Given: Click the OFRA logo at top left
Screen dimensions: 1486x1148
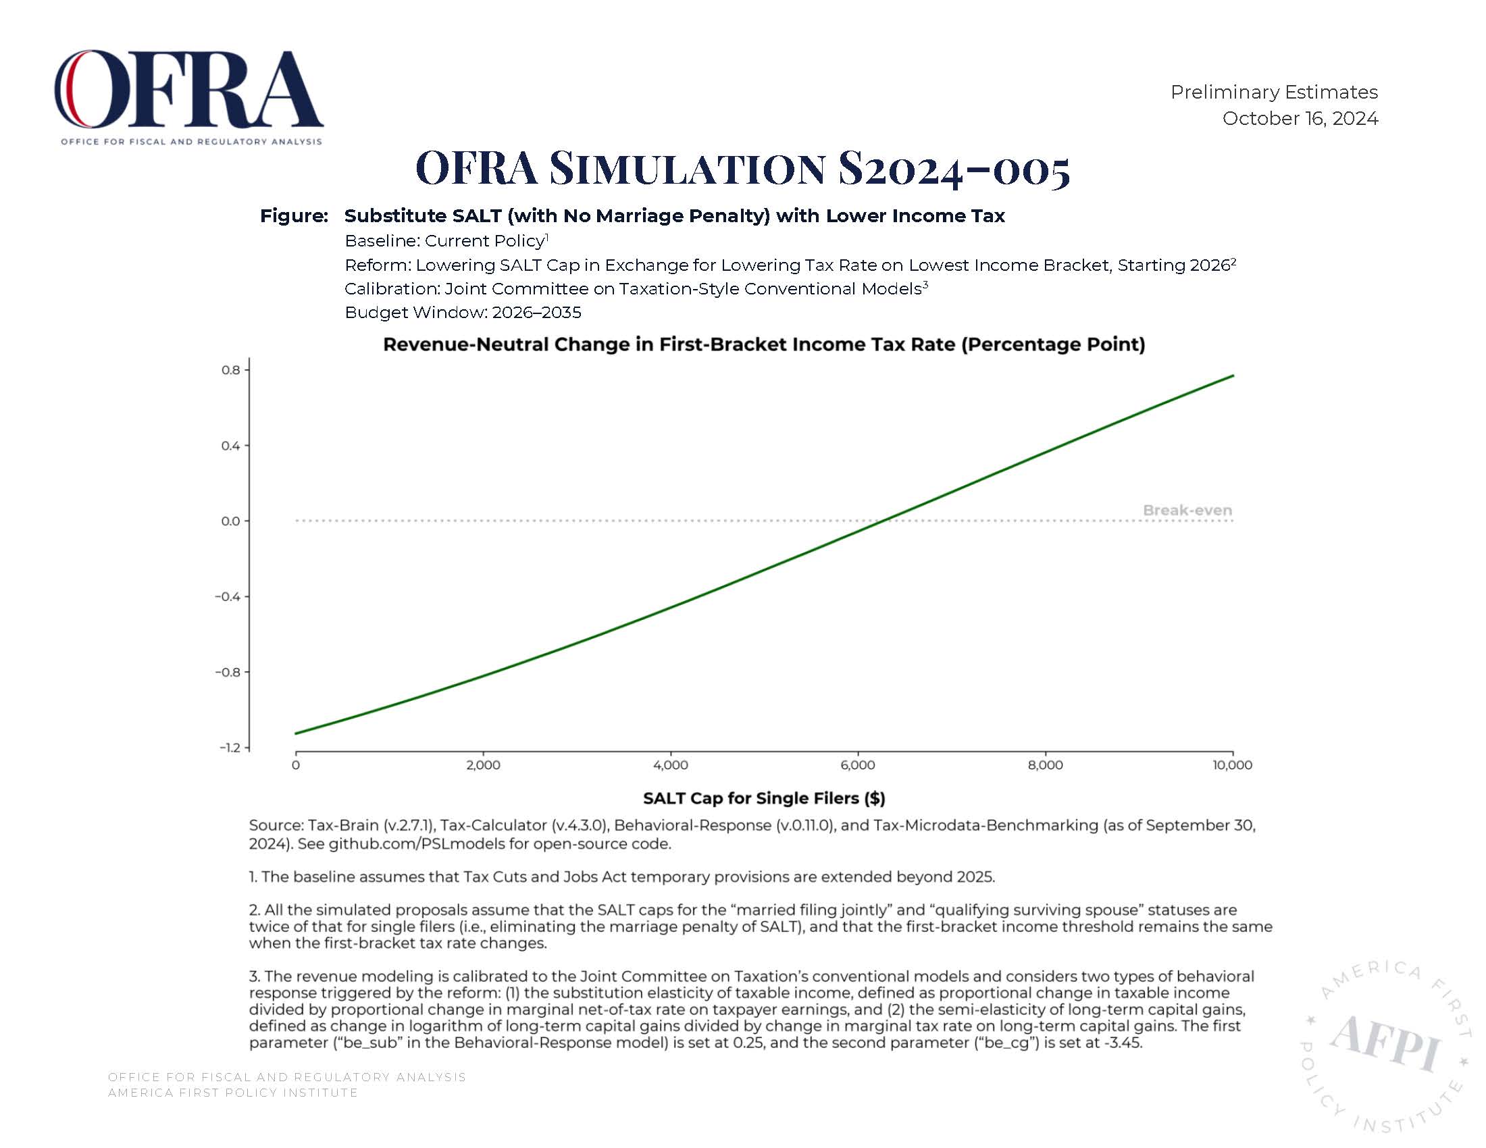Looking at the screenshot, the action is coord(188,97).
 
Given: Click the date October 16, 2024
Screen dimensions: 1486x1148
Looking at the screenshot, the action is coord(1300,118).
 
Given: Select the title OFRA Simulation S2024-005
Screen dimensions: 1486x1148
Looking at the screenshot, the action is coord(743,168).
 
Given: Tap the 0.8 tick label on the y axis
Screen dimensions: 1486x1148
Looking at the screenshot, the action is coord(231,370).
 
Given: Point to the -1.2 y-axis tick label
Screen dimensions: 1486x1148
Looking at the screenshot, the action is coord(230,748).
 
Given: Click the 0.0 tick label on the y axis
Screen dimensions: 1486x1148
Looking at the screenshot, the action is coord(231,521).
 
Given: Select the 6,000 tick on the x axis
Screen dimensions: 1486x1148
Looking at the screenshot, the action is coord(858,765).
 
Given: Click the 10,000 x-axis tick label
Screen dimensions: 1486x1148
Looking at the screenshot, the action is coord(1232,765).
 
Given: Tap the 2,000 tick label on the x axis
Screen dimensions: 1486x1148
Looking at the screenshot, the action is coord(483,765).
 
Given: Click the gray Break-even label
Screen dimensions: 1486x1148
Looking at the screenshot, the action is coord(1187,510).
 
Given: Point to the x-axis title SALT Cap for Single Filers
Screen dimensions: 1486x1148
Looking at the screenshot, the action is coord(764,798).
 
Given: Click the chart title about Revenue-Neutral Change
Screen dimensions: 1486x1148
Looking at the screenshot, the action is coord(764,344).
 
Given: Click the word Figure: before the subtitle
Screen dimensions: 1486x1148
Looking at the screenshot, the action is coord(294,216).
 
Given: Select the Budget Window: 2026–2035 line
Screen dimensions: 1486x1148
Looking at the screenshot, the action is coord(463,313).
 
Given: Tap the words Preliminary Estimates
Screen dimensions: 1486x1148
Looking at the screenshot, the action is coord(1274,92).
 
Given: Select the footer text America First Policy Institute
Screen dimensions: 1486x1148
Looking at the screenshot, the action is coord(233,1093).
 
